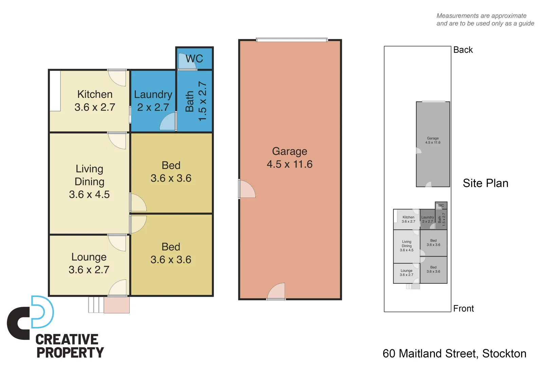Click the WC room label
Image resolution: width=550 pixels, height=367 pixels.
pyautogui.click(x=194, y=59)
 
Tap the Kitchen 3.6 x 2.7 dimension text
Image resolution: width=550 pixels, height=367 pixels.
pyautogui.click(x=95, y=107)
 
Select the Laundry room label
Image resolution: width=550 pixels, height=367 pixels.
pyautogui.click(x=153, y=94)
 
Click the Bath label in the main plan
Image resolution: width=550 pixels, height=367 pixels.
pyautogui.click(x=189, y=101)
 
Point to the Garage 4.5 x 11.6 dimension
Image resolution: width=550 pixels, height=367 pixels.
pyautogui.click(x=290, y=164)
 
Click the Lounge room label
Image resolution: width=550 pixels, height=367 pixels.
pyautogui.click(x=89, y=257)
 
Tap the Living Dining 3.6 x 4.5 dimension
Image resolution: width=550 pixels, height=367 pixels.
pyautogui.click(x=89, y=195)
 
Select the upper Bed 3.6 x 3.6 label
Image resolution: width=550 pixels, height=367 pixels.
pyautogui.click(x=171, y=172)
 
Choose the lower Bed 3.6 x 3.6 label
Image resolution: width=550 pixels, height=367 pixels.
pyautogui.click(x=171, y=254)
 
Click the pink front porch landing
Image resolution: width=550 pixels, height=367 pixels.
pyautogui.click(x=116, y=305)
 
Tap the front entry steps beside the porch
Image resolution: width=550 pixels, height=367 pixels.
pyautogui.click(x=96, y=305)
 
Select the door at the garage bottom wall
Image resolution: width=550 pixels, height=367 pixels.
pyautogui.click(x=276, y=292)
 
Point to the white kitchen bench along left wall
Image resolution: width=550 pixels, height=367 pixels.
pyautogui.click(x=55, y=91)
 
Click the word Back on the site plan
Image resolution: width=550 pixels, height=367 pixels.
pyautogui.click(x=463, y=50)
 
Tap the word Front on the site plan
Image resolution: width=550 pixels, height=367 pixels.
pyautogui.click(x=463, y=309)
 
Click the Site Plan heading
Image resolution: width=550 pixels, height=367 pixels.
pyautogui.click(x=485, y=183)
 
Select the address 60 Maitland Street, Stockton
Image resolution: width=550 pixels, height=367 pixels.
pyautogui.click(x=454, y=354)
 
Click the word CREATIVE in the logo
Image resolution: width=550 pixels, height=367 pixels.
pyautogui.click(x=67, y=339)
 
